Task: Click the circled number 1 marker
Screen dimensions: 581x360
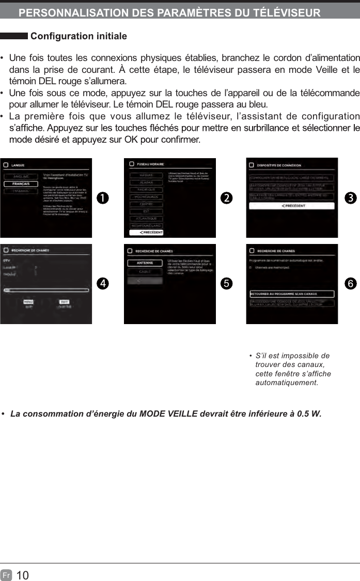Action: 104,198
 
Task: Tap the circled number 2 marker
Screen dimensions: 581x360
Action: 226,198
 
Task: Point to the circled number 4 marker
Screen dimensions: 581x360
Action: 104,284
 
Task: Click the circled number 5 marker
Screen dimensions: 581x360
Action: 226,284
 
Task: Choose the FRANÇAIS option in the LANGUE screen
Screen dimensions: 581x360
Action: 21,184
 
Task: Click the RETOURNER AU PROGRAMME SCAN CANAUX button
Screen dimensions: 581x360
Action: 292,294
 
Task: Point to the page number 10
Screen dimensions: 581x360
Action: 23,575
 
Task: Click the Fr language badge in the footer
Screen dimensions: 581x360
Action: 7,575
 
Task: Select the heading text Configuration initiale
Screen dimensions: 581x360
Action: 79,36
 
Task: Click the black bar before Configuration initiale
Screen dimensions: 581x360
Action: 14,36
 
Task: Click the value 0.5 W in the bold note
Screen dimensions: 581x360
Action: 308,414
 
